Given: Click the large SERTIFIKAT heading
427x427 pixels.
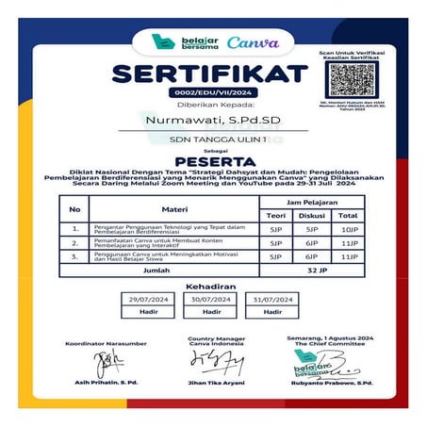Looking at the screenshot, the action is (x=210, y=74).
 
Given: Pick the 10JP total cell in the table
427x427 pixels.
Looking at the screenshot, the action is (x=350, y=229).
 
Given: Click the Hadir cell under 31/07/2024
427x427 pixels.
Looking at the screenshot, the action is (x=273, y=311).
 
